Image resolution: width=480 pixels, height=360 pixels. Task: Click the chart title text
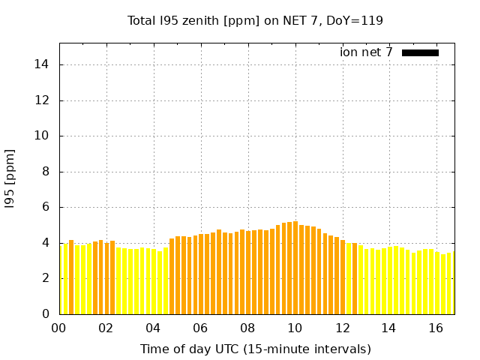coord(255,20)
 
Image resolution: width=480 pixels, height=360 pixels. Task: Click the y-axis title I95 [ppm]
coord(10,178)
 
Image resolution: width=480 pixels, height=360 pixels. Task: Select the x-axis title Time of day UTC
coord(255,349)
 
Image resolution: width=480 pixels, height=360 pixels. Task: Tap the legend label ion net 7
coord(366,52)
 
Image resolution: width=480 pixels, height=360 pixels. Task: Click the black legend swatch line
coord(420,52)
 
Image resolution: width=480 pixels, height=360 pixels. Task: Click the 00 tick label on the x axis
coord(59,328)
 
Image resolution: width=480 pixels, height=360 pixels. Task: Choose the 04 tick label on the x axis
coord(153,328)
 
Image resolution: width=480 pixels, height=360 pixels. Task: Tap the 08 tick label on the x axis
coord(247,328)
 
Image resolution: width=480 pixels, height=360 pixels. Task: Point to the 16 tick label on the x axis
coord(436,328)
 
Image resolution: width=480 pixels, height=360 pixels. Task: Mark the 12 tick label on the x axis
coord(342,328)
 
